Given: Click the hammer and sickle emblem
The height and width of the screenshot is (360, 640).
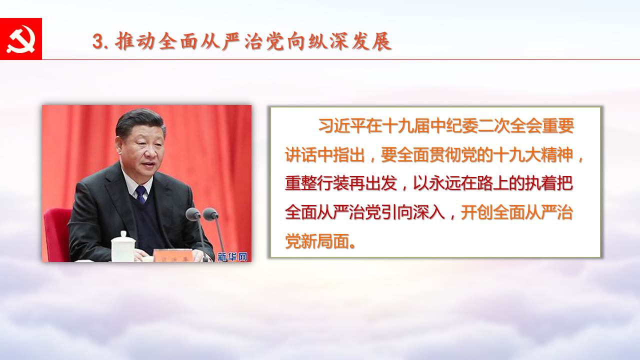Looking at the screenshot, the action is tap(21, 39).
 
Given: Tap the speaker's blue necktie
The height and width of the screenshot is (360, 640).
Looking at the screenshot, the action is tap(141, 194).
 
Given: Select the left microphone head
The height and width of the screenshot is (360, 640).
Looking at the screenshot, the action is tap(193, 214).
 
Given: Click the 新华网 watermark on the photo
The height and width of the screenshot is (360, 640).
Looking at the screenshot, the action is tap(232, 257).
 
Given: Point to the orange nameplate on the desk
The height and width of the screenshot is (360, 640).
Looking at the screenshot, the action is tap(173, 255).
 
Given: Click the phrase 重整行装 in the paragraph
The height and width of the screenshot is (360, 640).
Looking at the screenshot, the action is tap(317, 183).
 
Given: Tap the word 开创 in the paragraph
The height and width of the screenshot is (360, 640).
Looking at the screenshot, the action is tap(477, 213).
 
